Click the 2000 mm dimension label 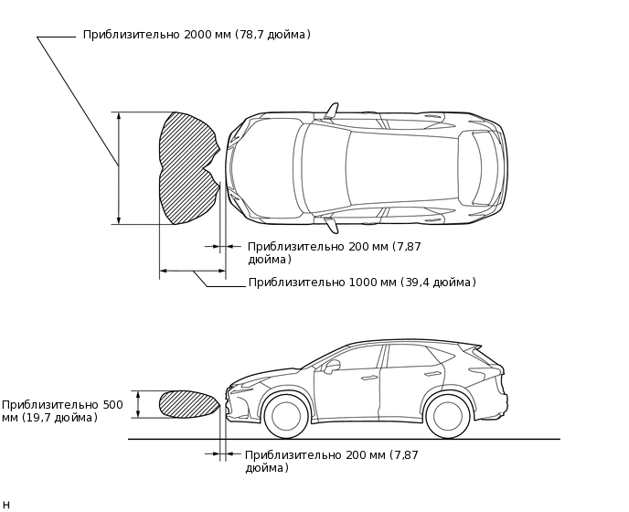(x=197, y=35)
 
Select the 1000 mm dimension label (x=362, y=283)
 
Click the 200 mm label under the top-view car (x=334, y=252)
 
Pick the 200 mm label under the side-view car (x=331, y=461)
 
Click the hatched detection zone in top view (x=187, y=168)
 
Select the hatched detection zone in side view (x=187, y=404)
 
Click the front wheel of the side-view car (x=286, y=416)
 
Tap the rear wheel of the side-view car (x=447, y=416)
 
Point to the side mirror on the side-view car (x=331, y=366)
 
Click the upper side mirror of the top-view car (x=331, y=111)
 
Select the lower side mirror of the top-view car (x=331, y=225)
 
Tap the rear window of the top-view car (x=478, y=168)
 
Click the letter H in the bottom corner (x=6, y=505)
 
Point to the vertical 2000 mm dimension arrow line (x=119, y=168)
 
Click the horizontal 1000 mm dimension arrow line (x=192, y=271)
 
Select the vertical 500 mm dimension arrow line (x=138, y=404)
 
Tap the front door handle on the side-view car (x=369, y=378)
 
